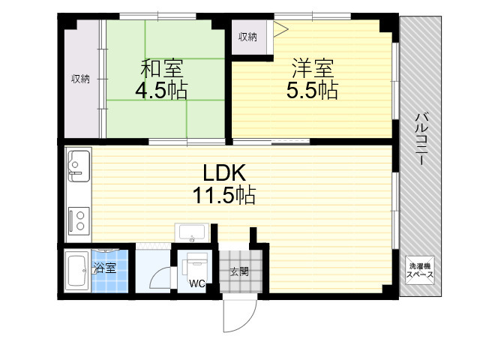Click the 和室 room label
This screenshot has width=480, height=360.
click(162, 68)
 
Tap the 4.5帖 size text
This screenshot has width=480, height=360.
click(161, 90)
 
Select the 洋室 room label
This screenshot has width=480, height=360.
click(313, 68)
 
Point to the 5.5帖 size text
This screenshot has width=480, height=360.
click(312, 90)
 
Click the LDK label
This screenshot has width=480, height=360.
click(224, 172)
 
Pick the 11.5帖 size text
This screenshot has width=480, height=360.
click(224, 195)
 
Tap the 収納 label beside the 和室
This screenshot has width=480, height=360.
click(80, 79)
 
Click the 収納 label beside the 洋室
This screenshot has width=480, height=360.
click(247, 37)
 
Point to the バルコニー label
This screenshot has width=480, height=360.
click(421, 139)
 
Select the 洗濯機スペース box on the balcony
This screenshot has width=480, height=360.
click(420, 270)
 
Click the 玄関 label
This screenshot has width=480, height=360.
click(239, 271)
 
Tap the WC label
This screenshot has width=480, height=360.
click(196, 283)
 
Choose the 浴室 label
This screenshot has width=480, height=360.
click(105, 268)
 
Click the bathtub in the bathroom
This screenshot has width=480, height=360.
click(76, 271)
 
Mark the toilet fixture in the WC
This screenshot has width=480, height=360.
click(195, 265)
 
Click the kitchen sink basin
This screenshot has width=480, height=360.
click(79, 166)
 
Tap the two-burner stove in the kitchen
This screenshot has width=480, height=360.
click(79, 220)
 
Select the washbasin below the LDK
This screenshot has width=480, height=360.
click(192, 233)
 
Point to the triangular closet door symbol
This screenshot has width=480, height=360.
click(280, 29)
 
